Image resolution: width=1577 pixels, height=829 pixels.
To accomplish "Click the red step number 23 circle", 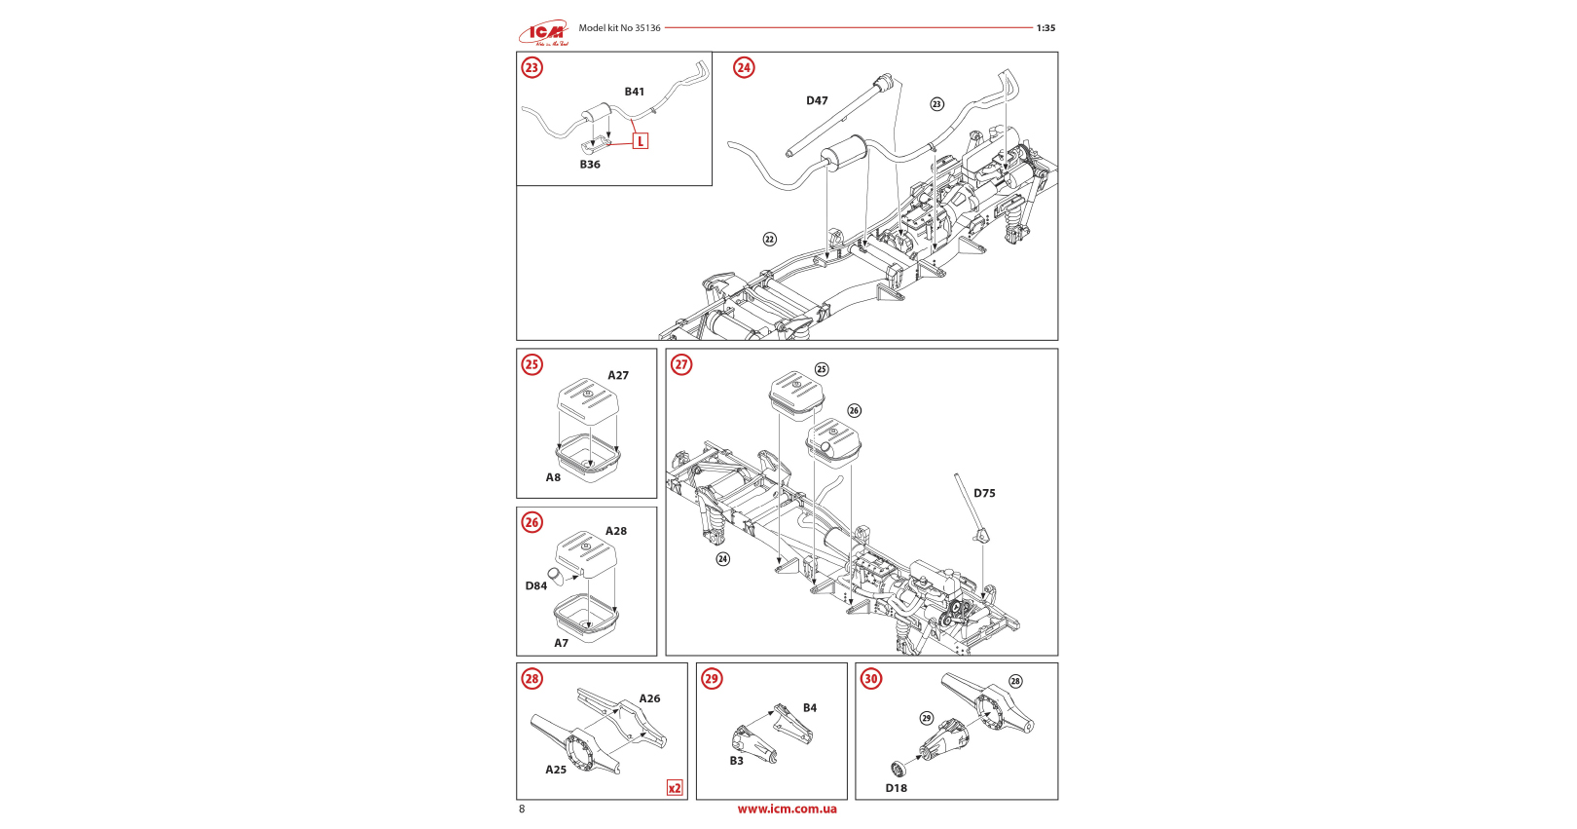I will coord(532,67).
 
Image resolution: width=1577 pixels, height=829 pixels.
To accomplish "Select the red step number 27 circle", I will coord(681,364).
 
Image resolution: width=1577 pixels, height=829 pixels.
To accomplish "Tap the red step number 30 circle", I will coord(871,679).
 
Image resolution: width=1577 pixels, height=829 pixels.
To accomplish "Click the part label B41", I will coord(635,92).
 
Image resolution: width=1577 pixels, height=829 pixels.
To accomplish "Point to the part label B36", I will coord(590,165).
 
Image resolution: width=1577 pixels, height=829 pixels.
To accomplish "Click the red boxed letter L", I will coord(641,141).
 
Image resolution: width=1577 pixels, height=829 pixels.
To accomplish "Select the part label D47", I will coord(817,100).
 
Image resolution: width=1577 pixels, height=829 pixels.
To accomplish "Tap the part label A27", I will coord(618,375).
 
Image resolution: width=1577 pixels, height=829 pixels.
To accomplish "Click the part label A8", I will coord(553,477).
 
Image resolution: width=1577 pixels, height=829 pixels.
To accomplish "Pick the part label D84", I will coord(536,585).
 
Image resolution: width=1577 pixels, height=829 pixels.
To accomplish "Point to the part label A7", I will coord(562,643).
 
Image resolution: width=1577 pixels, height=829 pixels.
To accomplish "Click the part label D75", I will coord(984,493).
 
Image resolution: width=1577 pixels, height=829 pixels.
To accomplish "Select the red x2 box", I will coord(675,788).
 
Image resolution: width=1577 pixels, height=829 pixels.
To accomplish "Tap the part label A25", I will coord(556,770).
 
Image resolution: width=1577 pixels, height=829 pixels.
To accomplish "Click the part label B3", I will coord(737,761).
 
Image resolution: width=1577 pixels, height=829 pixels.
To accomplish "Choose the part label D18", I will coord(897,788).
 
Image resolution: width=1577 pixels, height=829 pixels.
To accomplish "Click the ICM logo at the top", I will coord(543,33).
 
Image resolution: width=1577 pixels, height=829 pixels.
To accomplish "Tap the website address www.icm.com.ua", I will coord(787,809).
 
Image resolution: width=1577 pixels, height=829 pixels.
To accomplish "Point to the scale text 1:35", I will coord(1045,28).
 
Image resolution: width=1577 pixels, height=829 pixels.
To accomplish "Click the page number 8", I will coord(522,809).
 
